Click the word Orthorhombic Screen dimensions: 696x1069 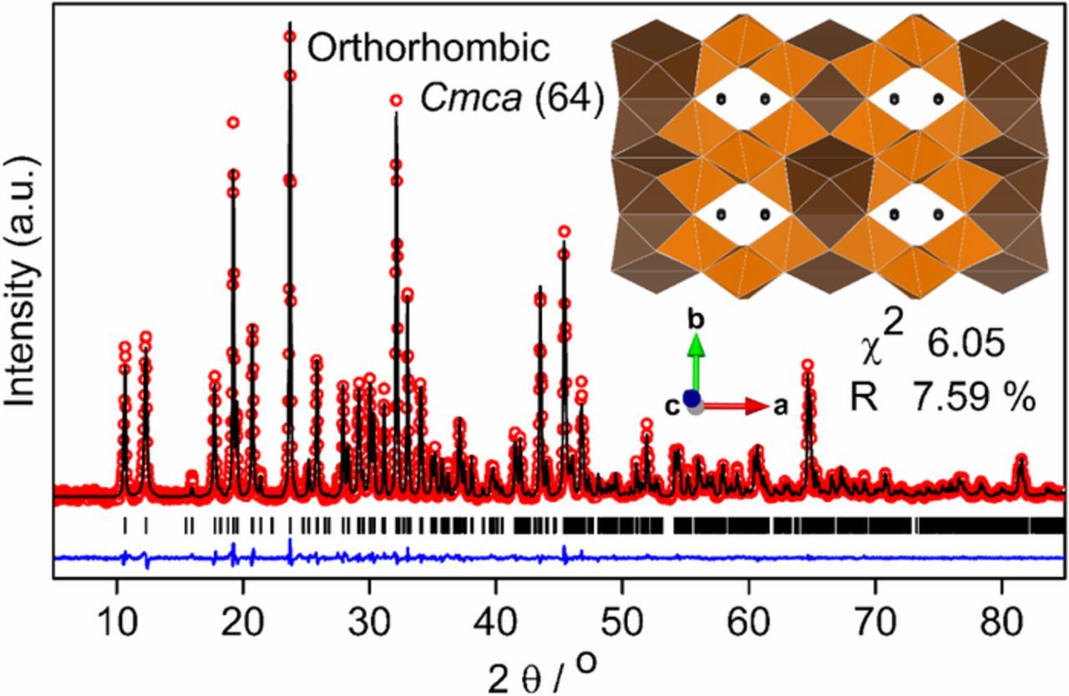[x=428, y=48]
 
